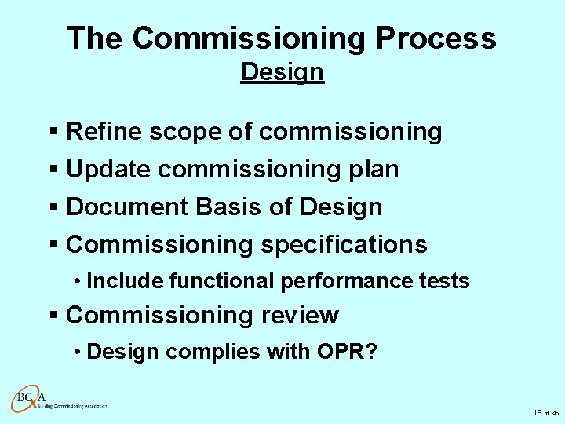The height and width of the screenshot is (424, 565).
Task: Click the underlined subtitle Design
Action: [282, 71]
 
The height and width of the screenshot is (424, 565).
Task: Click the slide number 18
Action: [538, 412]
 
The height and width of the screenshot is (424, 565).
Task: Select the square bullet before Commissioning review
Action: [54, 316]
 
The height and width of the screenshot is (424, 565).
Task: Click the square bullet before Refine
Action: [54, 132]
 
